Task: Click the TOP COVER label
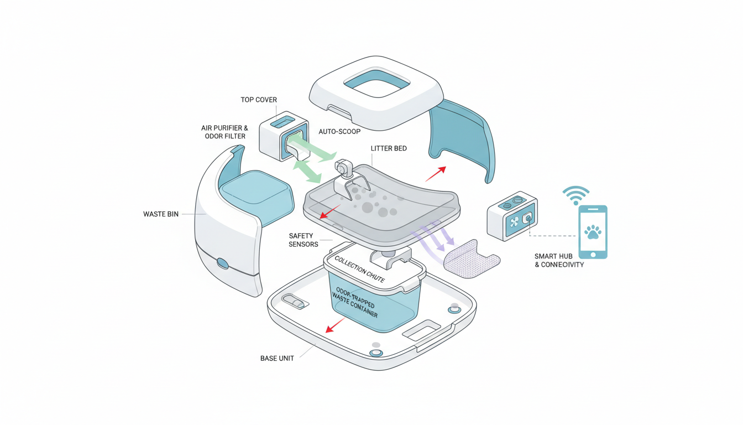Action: click(259, 100)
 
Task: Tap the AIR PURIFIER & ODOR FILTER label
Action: click(224, 132)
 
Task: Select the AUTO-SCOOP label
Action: click(339, 132)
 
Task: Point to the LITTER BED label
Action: click(389, 149)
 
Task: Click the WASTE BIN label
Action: click(161, 214)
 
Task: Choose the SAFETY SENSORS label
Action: click(304, 240)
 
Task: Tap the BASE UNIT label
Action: click(277, 359)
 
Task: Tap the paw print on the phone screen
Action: click(593, 231)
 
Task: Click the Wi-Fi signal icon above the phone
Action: click(575, 195)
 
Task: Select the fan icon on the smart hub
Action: click(515, 222)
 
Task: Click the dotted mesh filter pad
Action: click(471, 258)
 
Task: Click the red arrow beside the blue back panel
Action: click(435, 173)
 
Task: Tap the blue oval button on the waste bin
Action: click(223, 263)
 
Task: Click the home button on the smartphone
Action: click(593, 255)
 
